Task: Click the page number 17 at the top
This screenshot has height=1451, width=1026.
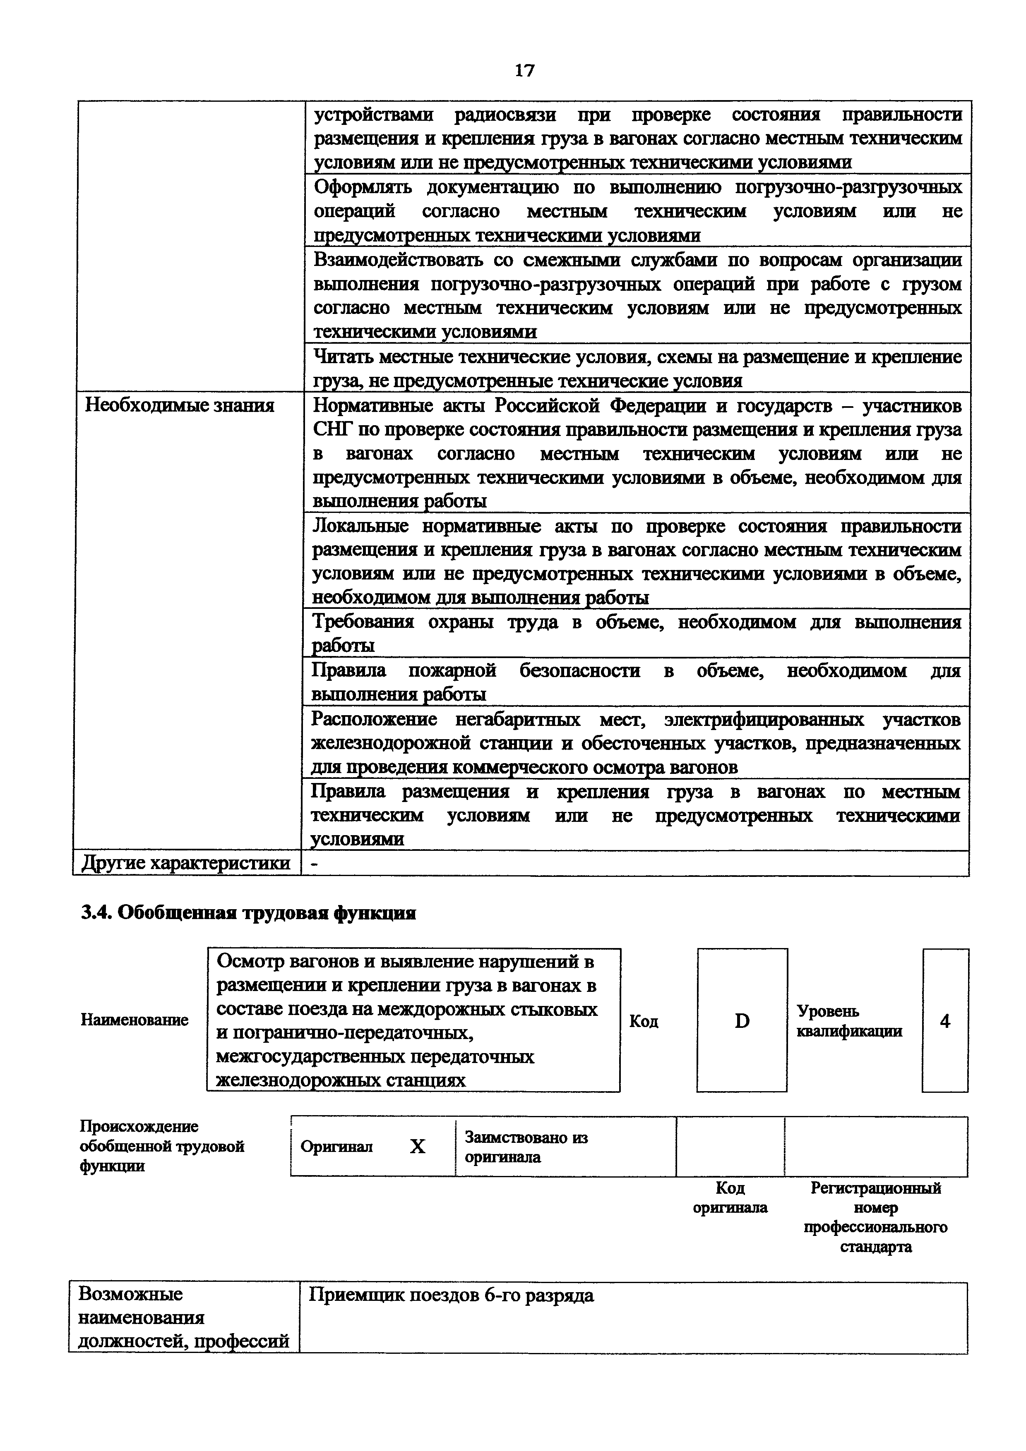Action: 524,70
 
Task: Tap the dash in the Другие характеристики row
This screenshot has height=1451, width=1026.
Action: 314,863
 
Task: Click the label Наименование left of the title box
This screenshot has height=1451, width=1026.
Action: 134,1020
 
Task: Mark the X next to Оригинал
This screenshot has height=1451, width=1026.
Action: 417,1147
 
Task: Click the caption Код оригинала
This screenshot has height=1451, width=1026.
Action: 730,1197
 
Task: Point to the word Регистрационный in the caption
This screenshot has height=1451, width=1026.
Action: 875,1188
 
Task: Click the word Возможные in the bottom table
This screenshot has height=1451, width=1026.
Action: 130,1294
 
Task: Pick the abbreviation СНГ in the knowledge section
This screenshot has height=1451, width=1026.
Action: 331,430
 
